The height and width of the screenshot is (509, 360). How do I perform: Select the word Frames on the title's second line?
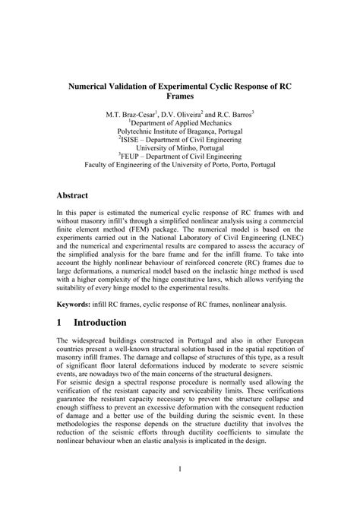point(180,97)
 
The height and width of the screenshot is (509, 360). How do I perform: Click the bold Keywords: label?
point(78,305)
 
